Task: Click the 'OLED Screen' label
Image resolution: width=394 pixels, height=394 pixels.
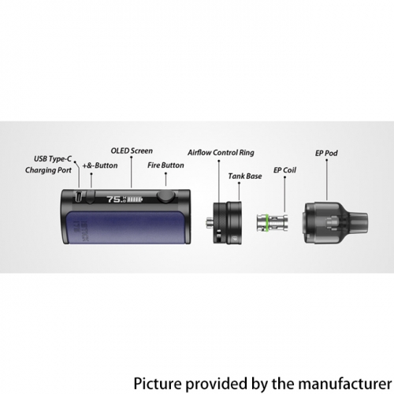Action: [132, 151]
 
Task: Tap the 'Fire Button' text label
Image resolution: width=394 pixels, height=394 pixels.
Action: [165, 165]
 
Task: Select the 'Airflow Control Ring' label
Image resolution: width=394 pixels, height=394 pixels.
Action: [221, 153]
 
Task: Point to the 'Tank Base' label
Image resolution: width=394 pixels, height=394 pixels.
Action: [245, 176]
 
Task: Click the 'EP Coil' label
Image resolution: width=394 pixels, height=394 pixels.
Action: [284, 170]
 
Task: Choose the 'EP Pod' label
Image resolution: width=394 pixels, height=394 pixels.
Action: [326, 153]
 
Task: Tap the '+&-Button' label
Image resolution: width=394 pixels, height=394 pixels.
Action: [100, 165]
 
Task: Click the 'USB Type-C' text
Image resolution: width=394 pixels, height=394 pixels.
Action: [53, 159]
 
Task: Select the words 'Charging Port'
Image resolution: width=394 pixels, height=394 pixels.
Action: [48, 170]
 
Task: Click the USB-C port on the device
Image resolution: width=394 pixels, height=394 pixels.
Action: [79, 196]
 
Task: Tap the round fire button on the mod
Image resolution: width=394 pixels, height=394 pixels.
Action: [165, 197]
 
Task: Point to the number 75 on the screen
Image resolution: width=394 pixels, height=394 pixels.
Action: [113, 199]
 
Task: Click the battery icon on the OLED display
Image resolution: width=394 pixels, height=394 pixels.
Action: [135, 200]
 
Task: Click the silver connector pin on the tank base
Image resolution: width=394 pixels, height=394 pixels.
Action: [209, 222]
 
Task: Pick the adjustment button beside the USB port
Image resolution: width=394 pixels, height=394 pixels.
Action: [90, 196]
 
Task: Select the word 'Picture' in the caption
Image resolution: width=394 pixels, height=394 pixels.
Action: [158, 384]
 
